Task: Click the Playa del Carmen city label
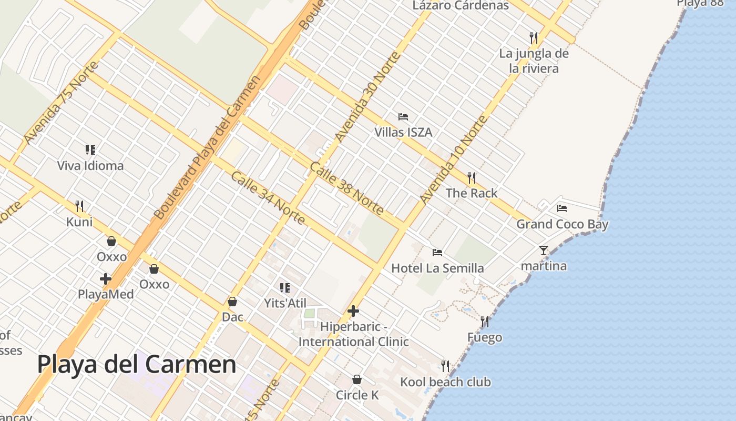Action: click(137, 364)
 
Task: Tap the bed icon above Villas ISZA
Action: click(403, 117)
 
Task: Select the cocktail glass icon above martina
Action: click(544, 250)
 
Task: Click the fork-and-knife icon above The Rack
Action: click(472, 178)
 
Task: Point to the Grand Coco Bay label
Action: click(562, 225)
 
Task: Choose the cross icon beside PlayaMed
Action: click(106, 279)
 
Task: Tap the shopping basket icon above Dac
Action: click(232, 302)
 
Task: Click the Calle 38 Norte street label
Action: click(346, 188)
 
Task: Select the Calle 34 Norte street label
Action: click(268, 197)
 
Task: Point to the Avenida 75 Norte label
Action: click(61, 103)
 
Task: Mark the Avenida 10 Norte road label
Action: click(453, 161)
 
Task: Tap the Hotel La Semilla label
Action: click(437, 268)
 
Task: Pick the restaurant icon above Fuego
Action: click(485, 321)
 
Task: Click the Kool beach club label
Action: click(445, 382)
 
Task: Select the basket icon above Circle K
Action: click(357, 379)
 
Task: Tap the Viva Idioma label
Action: click(90, 166)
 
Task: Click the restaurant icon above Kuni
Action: click(79, 206)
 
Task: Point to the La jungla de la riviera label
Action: click(534, 61)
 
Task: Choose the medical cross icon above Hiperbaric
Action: click(353, 311)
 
